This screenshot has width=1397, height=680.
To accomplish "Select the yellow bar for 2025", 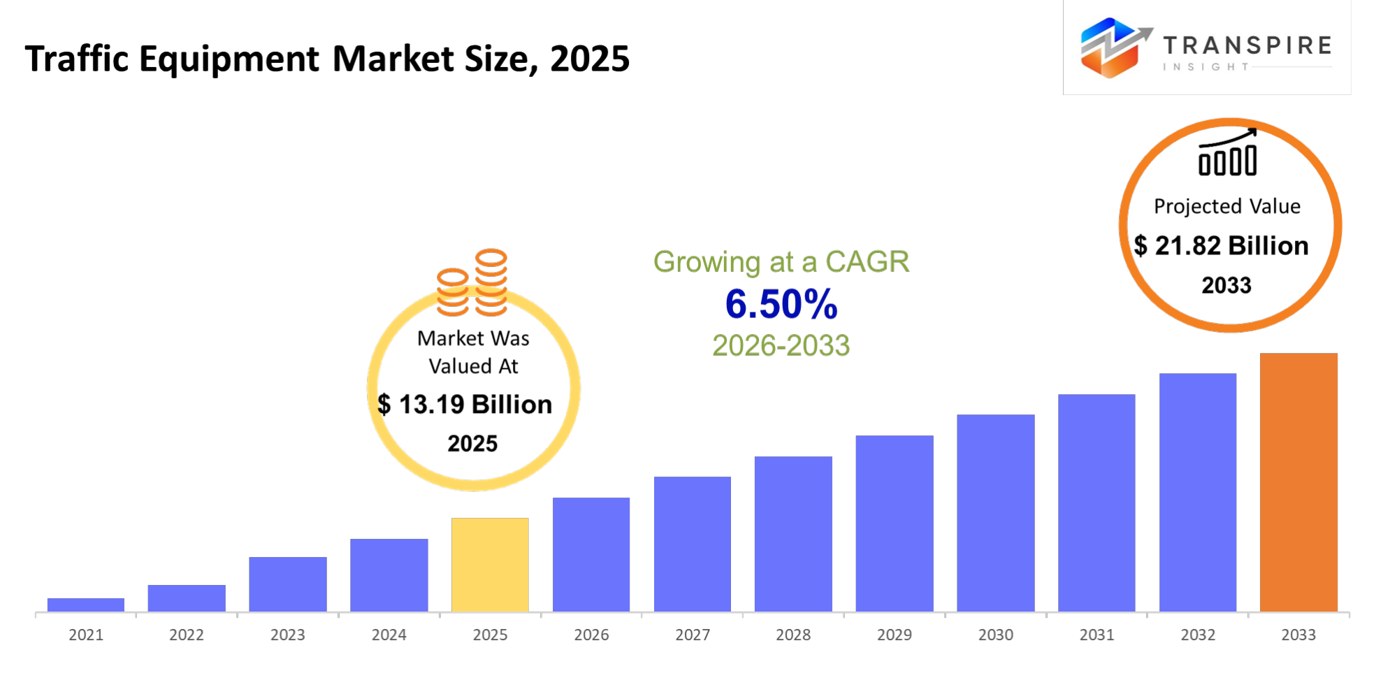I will (x=490, y=565).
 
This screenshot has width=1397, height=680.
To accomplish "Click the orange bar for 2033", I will (x=1298, y=482).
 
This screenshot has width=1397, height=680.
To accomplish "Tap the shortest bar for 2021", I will (x=86, y=605).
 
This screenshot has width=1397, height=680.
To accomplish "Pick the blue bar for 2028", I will (x=793, y=534).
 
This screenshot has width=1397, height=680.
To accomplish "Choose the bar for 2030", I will (x=995, y=513).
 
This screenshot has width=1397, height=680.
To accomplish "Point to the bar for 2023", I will (x=288, y=584).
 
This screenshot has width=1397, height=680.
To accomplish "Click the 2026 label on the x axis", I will (x=591, y=635).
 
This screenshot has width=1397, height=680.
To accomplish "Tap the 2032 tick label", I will (x=1197, y=635).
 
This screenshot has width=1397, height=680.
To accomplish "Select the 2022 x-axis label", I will (x=187, y=635).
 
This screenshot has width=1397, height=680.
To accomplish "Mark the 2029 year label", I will (x=895, y=635).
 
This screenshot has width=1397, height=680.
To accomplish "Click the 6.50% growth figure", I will (x=781, y=304).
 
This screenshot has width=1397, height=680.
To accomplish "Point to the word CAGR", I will (x=867, y=262).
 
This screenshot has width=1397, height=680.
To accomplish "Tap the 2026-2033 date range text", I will (x=781, y=345).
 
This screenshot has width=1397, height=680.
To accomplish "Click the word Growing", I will (x=706, y=262).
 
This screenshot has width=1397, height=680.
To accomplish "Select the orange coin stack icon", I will (x=472, y=283).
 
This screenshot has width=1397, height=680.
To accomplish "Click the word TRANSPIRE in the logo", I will (x=1247, y=45).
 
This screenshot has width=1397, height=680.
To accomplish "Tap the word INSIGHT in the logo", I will (x=1206, y=67).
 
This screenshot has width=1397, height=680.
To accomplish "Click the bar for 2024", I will (x=389, y=575).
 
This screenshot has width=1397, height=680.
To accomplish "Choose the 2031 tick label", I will (x=1096, y=635).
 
